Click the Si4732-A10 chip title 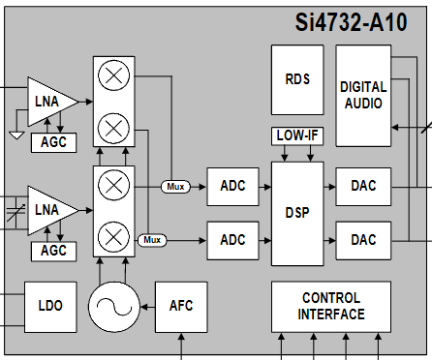point(352,22)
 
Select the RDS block point(297,79)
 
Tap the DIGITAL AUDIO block point(363,96)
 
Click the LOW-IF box point(297,135)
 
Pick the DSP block point(297,214)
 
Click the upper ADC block point(232,187)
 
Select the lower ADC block point(232,240)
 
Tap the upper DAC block point(363,187)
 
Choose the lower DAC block point(363,240)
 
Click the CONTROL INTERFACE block point(331,307)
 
